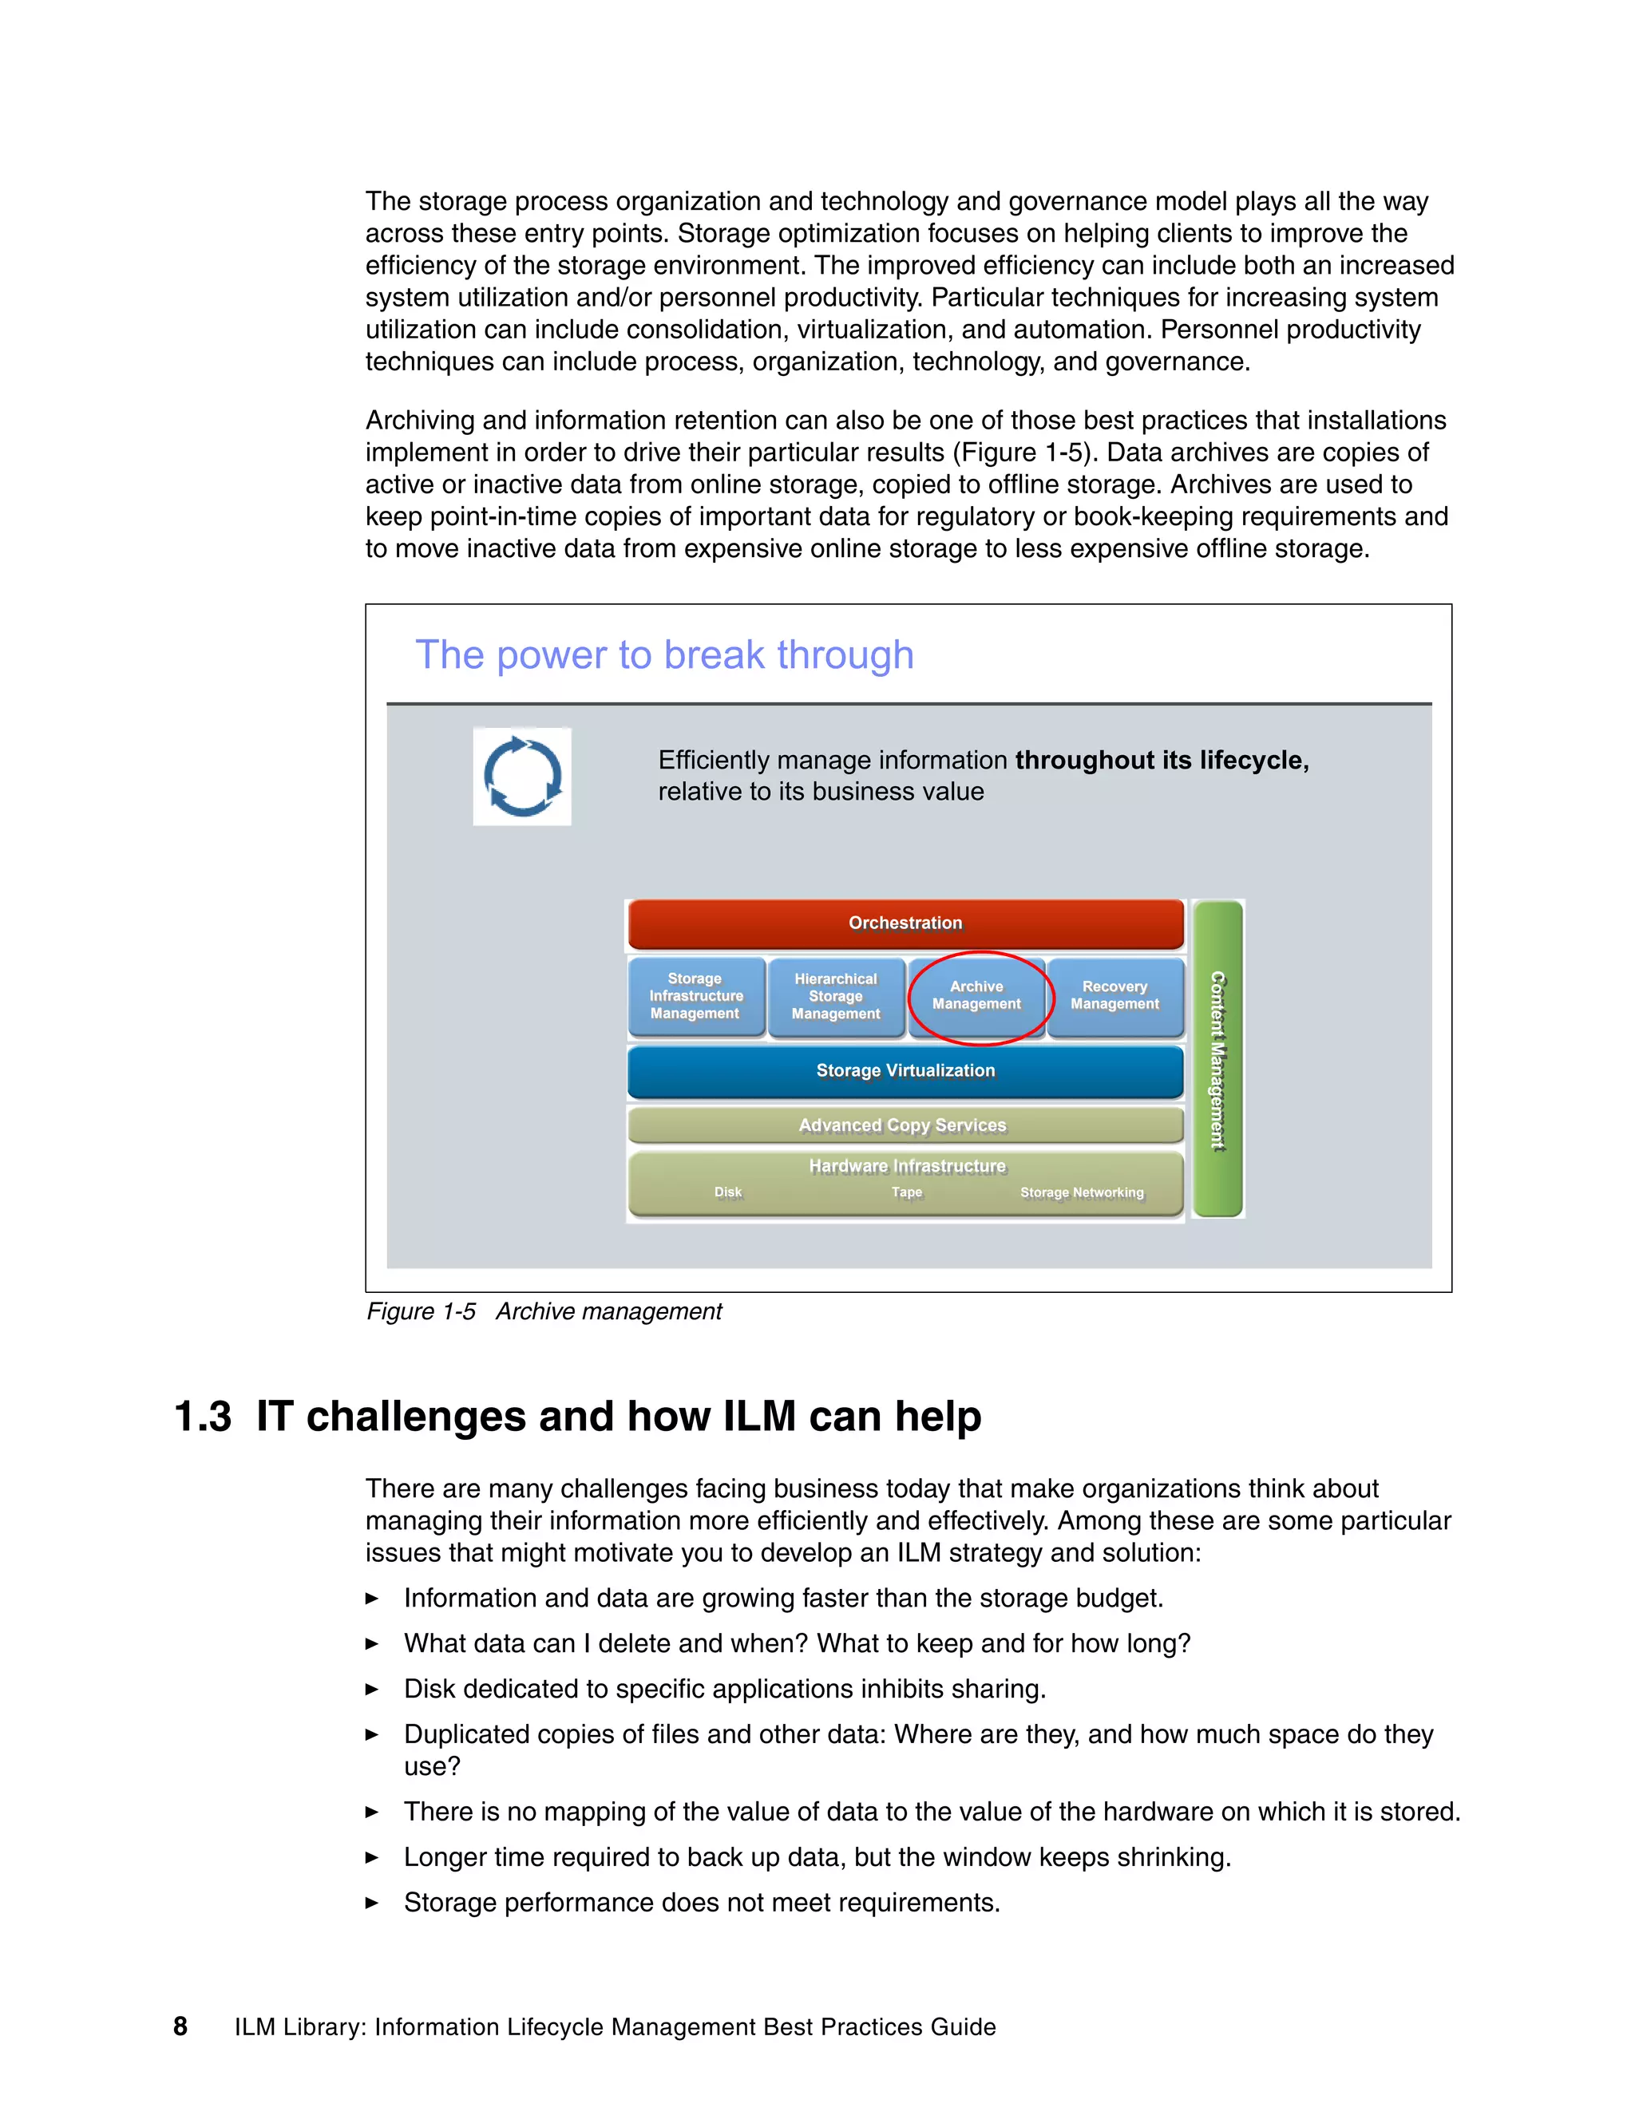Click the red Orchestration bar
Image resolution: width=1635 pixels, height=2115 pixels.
coord(905,923)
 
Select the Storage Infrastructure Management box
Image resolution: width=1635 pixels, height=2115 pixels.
coord(695,997)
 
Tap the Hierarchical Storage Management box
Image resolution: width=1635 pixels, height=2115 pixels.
coord(835,997)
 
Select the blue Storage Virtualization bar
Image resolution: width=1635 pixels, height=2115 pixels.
coord(905,1071)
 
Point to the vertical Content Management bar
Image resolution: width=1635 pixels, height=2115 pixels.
coord(1217,1059)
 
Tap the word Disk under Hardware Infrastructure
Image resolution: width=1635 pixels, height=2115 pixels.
coord(727,1193)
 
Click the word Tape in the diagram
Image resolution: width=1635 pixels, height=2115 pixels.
coord(907,1193)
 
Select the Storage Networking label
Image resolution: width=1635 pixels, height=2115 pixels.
coord(1082,1193)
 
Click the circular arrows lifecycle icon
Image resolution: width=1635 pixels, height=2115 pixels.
coord(522,777)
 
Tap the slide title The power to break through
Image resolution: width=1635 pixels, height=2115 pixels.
coord(664,655)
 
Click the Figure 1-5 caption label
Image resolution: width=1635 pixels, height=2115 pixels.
coord(422,1312)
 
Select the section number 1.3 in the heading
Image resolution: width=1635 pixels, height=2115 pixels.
coord(203,1417)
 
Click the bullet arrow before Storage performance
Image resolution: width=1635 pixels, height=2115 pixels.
coord(372,1903)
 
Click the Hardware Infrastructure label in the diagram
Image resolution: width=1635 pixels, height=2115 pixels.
coord(907,1166)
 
